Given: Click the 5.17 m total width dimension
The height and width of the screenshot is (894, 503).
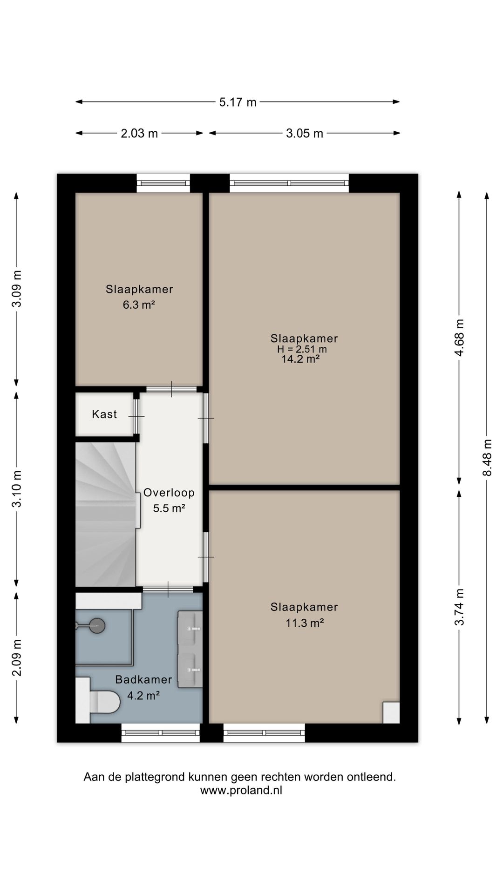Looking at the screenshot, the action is click(x=238, y=102).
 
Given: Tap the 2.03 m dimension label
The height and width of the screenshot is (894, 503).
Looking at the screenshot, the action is click(x=139, y=134).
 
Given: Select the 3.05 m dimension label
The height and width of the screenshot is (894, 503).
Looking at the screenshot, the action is click(x=305, y=134).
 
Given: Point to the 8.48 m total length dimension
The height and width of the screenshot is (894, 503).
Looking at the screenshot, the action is click(x=487, y=458).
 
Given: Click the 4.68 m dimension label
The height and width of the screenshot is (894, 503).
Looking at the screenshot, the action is click(x=460, y=338).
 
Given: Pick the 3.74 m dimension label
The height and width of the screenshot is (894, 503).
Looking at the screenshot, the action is click(x=460, y=607).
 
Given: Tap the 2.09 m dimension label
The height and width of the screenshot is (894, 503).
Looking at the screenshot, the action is click(x=17, y=657).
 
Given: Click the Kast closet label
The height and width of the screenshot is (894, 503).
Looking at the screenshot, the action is click(x=104, y=414).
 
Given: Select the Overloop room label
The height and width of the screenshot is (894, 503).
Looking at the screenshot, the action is click(x=169, y=493).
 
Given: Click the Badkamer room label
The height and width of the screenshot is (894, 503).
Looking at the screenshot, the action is click(x=143, y=679).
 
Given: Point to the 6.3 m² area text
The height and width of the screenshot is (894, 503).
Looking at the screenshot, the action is click(x=139, y=305).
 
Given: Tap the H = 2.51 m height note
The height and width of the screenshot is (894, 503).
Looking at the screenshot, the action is click(x=302, y=349).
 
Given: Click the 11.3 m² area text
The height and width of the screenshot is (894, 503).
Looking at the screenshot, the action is click(x=305, y=623).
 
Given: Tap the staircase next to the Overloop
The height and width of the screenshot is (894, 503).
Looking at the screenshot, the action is click(x=106, y=514).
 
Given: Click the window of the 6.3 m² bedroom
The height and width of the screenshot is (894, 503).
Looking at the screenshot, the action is click(x=163, y=183).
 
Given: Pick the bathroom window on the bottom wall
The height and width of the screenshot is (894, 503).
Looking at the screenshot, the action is click(x=161, y=732).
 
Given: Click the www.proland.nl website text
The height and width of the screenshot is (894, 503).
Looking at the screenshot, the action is click(x=241, y=790).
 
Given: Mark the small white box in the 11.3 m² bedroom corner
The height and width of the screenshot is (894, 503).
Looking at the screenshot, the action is click(x=391, y=712).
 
